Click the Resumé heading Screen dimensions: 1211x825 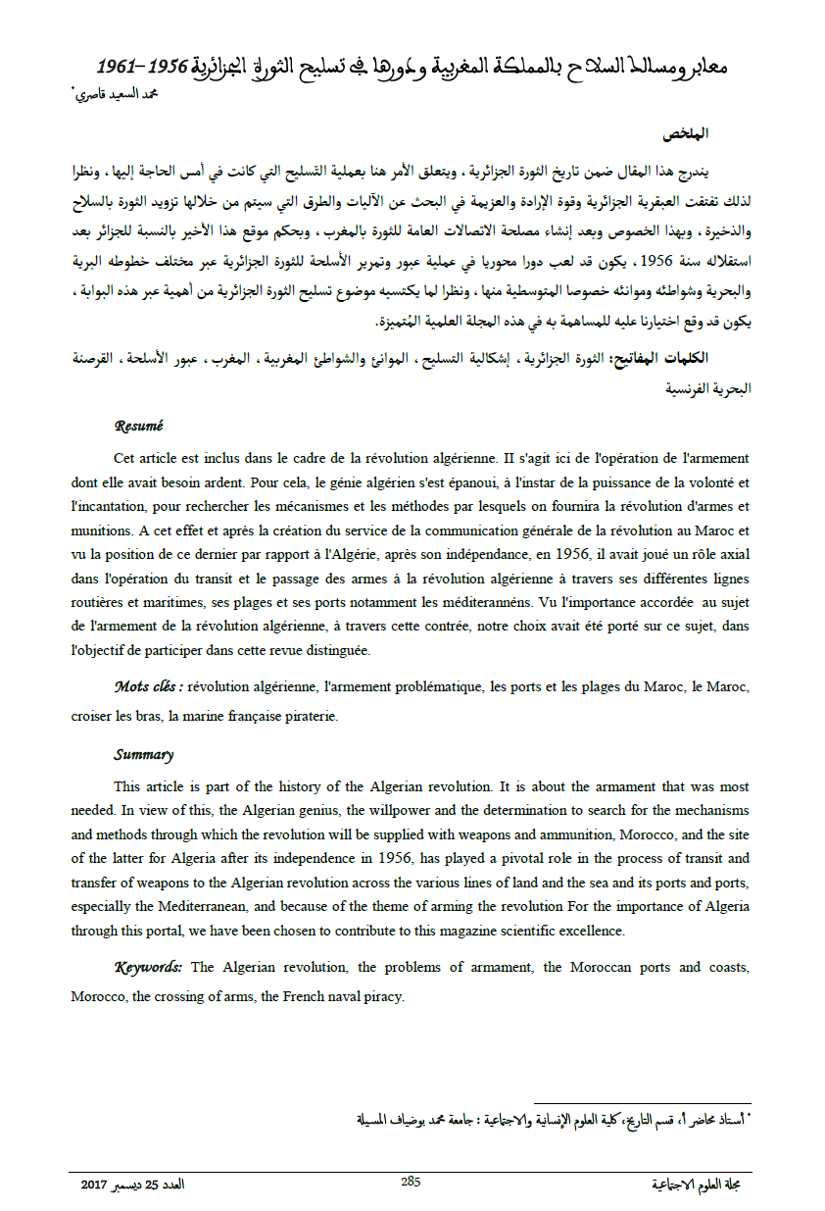[138, 427]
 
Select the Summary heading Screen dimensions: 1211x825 [143, 755]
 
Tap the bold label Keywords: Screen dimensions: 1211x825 [149, 968]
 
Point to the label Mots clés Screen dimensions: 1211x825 [147, 686]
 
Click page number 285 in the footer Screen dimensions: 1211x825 [411, 1182]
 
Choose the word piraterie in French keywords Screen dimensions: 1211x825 [310, 716]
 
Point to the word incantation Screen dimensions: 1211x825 [118, 506]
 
